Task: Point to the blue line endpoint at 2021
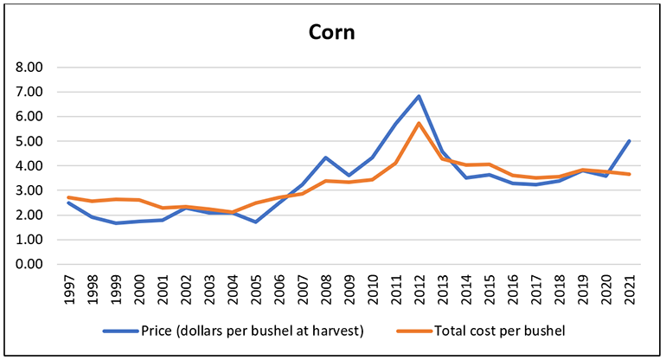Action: [x=629, y=140]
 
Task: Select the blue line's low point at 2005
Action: [x=256, y=222]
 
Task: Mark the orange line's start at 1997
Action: [x=70, y=197]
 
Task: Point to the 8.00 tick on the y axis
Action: [x=29, y=67]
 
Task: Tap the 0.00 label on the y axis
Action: [x=29, y=264]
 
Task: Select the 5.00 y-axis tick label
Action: [x=29, y=141]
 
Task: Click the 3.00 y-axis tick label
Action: [x=29, y=190]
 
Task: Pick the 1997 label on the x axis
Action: [x=70, y=288]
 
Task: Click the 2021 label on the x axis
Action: [x=629, y=288]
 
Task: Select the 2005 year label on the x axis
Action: [x=256, y=288]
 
